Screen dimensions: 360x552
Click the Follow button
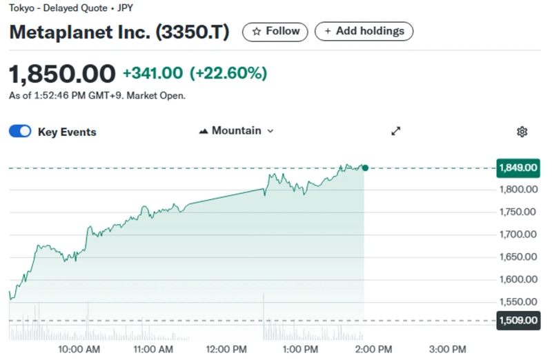pyautogui.click(x=275, y=31)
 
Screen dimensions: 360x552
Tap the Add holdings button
pyautogui.click(x=364, y=31)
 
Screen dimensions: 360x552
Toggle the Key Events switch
pyautogui.click(x=20, y=132)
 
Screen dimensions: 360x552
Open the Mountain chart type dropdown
pyautogui.click(x=236, y=130)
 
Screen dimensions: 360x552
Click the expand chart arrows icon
pyautogui.click(x=396, y=131)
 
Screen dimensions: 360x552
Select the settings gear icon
pyautogui.click(x=522, y=132)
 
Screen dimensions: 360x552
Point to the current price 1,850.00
pyautogui.click(x=62, y=73)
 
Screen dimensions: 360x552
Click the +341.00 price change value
pyautogui.click(x=152, y=73)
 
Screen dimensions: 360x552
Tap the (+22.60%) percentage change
pyautogui.click(x=228, y=73)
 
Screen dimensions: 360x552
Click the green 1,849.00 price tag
pyautogui.click(x=517, y=168)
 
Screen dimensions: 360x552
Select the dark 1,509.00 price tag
pyautogui.click(x=517, y=320)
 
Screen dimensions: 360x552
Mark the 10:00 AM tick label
pyautogui.click(x=79, y=350)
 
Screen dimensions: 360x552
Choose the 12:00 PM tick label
pyautogui.click(x=228, y=350)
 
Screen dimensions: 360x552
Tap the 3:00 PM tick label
pyautogui.click(x=447, y=350)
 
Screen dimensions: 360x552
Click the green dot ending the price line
pyautogui.click(x=365, y=168)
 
